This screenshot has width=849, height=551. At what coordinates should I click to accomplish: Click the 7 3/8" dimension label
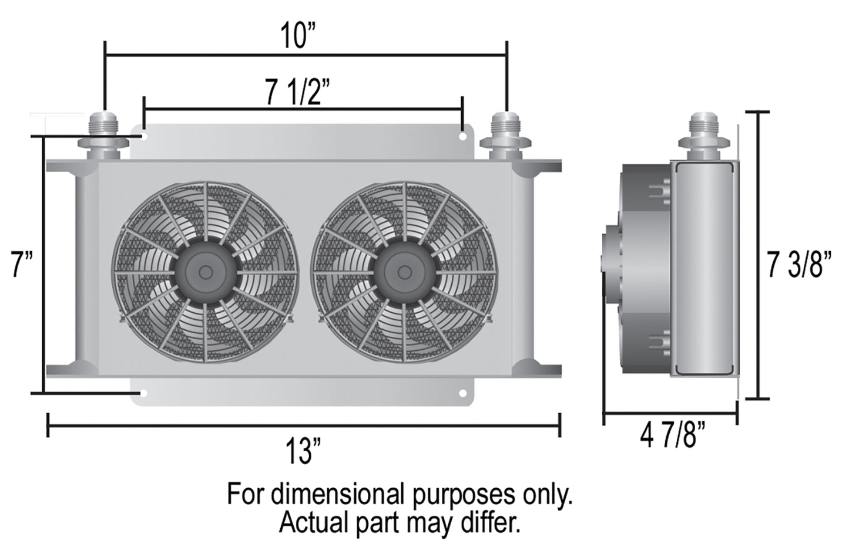pyautogui.click(x=800, y=265)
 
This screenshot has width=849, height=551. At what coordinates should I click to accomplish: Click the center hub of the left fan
pyautogui.click(x=205, y=272)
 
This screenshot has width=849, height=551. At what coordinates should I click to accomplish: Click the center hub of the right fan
pyautogui.click(x=404, y=272)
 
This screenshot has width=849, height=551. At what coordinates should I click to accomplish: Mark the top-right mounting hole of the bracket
pyautogui.click(x=463, y=136)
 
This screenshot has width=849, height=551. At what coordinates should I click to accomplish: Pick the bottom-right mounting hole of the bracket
pyautogui.click(x=463, y=393)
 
